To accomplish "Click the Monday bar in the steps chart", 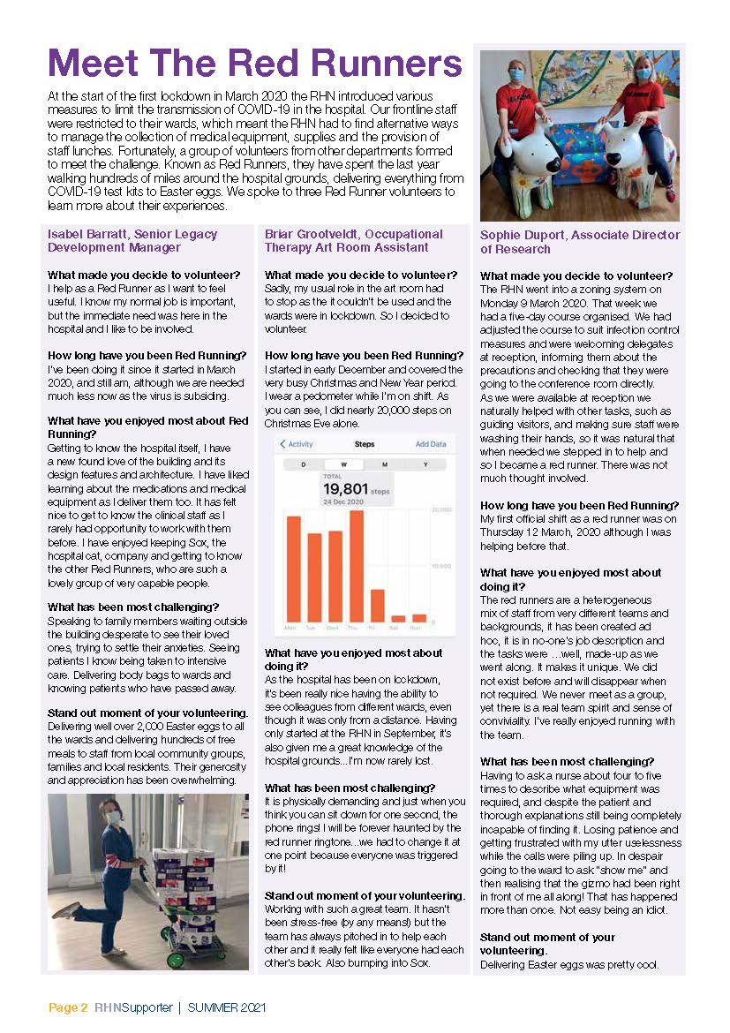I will point(293,569).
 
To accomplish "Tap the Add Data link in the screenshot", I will point(431,444).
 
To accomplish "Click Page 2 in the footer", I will point(68,1007).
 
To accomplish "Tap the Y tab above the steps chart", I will point(425,464).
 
